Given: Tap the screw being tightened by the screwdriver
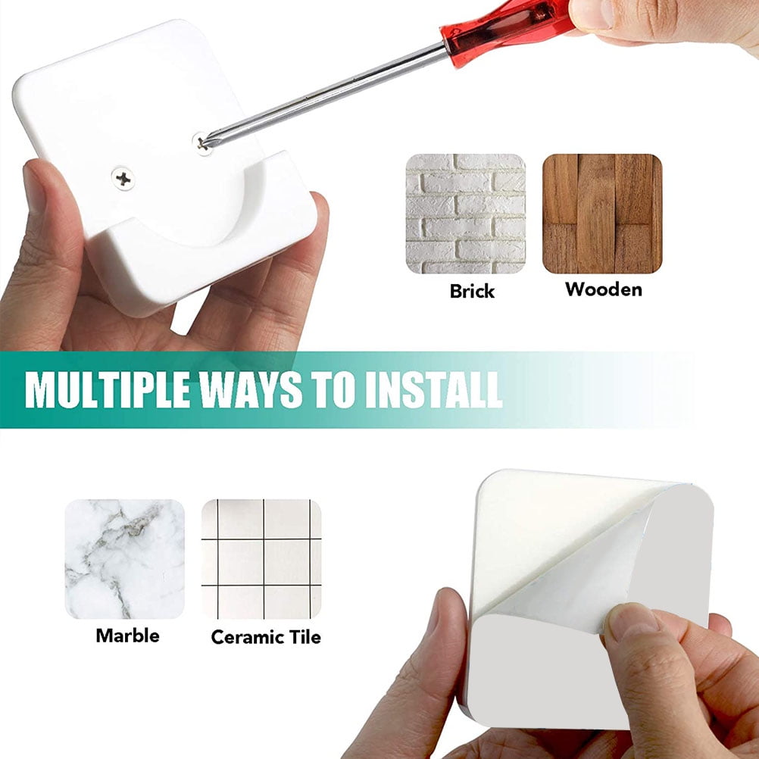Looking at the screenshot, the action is (202, 143).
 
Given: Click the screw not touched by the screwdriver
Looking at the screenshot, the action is (123, 178).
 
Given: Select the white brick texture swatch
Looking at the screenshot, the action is (466, 214).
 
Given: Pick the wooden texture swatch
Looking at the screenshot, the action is (602, 214).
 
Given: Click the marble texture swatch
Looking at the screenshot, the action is (125, 559).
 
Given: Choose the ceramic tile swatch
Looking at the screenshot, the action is (261, 559).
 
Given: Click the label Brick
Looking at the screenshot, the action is (472, 291).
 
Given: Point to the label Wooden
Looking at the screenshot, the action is (604, 289).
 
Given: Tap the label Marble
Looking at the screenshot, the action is (128, 636).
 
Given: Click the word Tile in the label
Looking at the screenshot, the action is (305, 637).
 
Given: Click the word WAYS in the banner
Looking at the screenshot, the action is (251, 389).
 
